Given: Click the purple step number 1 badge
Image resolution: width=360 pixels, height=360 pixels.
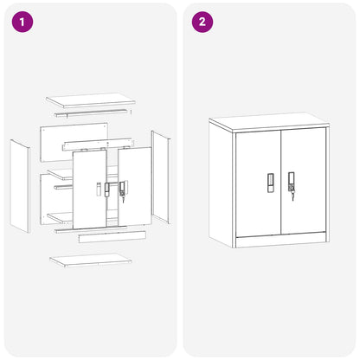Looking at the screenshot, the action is click(22, 22).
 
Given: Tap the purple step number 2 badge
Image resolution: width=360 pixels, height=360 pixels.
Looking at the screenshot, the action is click(202, 22).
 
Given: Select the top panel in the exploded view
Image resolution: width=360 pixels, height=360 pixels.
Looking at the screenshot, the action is click(91, 100).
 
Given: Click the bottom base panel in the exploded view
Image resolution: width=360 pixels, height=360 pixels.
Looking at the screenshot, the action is click(91, 260).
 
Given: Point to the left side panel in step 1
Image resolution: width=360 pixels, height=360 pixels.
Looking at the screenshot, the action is click(20, 186).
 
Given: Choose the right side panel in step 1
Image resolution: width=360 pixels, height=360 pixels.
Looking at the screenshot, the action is click(161, 177).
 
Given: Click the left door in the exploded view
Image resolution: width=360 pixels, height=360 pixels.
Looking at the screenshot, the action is click(89, 189).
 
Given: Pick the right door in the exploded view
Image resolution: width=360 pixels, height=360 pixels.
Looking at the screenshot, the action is click(134, 186).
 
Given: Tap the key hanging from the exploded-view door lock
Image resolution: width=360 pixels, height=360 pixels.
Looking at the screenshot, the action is click(124, 199).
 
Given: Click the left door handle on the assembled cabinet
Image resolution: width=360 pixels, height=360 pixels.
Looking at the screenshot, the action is click(271, 183).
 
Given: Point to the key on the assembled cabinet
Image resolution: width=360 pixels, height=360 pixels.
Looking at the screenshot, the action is click(292, 196).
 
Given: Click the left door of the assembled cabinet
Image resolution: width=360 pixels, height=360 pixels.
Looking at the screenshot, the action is click(258, 184).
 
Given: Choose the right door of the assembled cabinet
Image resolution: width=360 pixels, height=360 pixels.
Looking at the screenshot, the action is click(304, 182).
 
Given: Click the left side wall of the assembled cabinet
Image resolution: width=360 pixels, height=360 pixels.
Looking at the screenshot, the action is click(221, 184).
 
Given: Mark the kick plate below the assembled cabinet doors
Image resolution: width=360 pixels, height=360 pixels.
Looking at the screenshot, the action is click(281, 241).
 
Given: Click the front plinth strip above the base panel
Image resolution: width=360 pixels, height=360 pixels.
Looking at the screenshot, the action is click(112, 236).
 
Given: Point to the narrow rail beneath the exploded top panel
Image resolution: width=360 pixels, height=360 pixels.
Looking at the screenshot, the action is click(91, 112).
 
